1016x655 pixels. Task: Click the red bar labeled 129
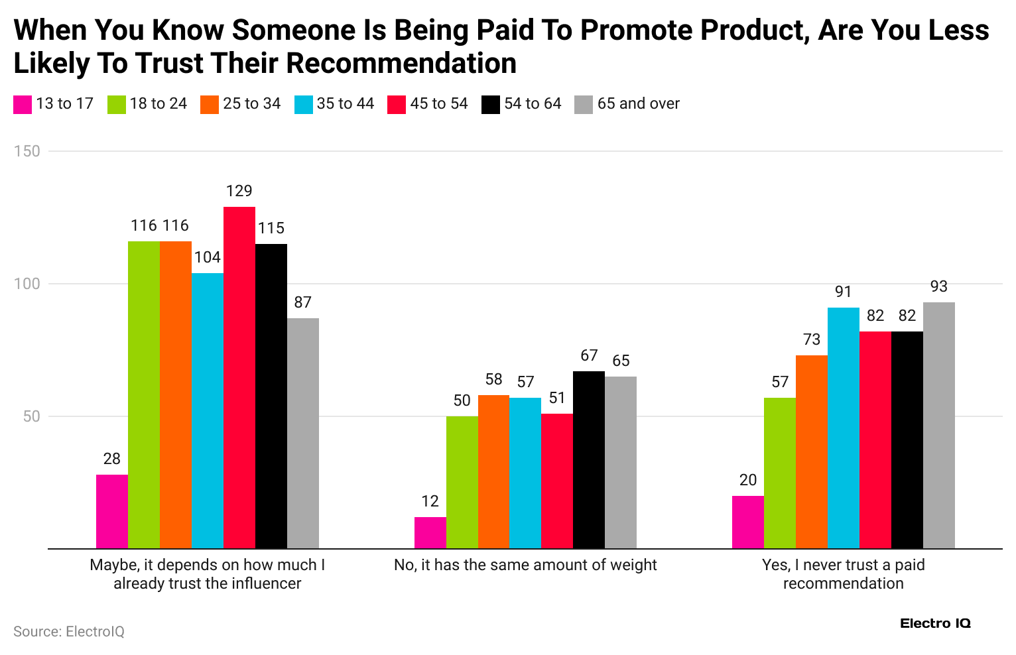[239, 378]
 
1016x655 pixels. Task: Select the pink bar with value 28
[112, 512]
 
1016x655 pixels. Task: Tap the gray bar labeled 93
[938, 426]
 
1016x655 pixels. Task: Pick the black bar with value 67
[589, 460]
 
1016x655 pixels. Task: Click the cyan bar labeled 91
[843, 428]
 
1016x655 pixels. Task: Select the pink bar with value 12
[430, 533]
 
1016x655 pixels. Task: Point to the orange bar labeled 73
[811, 452]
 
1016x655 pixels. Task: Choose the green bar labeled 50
[462, 483]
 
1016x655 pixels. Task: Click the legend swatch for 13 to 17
[23, 105]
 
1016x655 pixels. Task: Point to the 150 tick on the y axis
[27, 151]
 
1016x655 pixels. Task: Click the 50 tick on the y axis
[32, 417]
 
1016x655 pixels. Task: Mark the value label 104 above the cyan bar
[208, 257]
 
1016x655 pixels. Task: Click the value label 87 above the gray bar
[302, 302]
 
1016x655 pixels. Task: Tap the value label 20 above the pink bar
[747, 480]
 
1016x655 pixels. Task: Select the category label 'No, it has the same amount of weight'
[525, 565]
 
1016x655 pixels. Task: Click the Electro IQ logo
[935, 624]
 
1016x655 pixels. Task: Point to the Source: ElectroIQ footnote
[69, 632]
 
